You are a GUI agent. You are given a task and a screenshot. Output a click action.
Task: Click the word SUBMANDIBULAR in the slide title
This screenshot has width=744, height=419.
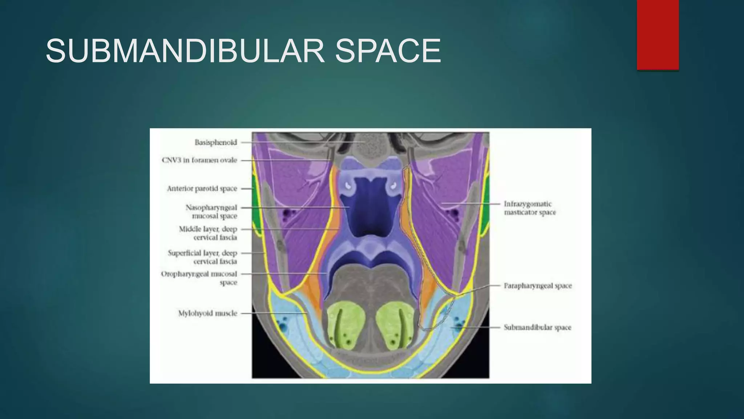185,51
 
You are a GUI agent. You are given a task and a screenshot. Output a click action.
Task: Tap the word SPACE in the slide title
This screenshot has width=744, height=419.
388,51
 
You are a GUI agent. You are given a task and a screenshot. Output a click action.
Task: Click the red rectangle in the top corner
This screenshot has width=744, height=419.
658,35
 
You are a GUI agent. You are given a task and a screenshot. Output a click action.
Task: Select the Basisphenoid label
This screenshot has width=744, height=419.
216,143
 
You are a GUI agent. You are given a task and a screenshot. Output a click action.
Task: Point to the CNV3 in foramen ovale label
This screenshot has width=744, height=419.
199,160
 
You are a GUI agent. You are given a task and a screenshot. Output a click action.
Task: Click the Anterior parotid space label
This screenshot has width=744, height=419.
202,188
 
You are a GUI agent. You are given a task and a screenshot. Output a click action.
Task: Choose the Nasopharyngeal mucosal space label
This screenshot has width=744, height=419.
211,212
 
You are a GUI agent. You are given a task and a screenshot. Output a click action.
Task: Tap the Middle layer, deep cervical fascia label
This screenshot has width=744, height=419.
208,233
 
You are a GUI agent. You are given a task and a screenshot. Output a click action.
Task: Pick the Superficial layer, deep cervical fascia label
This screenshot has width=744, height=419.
203,257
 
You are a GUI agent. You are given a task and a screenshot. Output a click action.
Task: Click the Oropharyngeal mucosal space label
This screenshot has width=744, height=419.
199,278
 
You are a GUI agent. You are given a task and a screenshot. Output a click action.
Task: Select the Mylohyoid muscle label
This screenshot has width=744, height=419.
207,313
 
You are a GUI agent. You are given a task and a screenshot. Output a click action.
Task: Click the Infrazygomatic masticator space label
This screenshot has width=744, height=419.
529,208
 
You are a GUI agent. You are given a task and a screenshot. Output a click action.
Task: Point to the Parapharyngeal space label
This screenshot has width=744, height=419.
538,286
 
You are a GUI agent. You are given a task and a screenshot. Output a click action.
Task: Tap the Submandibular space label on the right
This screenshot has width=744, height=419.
537,327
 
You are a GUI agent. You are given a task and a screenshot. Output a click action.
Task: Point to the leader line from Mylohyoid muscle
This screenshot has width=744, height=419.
272,313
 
